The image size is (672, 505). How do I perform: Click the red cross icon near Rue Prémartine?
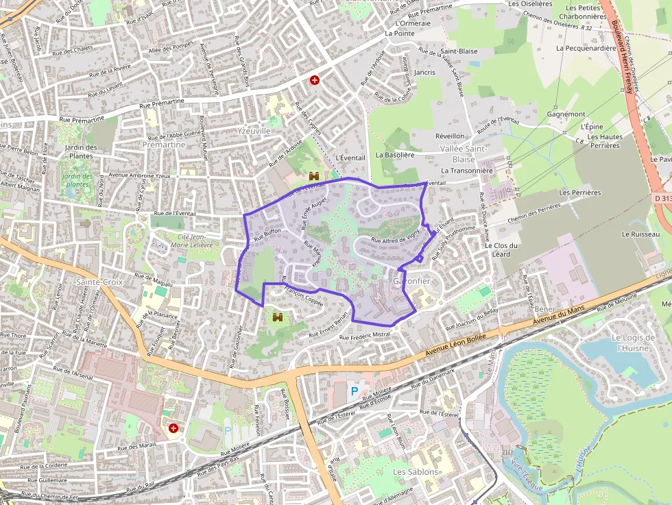[x=315, y=80]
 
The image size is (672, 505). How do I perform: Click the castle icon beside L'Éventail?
[x=315, y=176]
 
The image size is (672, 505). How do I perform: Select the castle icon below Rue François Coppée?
[x=278, y=317]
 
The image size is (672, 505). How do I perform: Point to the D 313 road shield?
[x=662, y=197]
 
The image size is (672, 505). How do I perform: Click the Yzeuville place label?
[x=254, y=130]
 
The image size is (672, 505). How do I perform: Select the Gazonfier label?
[x=411, y=282]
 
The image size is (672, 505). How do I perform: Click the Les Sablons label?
[x=415, y=472]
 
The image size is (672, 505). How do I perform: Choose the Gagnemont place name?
[x=566, y=114]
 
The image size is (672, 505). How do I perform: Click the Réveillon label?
[x=450, y=136]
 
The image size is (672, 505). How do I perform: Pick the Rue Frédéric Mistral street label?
[x=365, y=336]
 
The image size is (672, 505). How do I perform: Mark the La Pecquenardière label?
[x=586, y=48]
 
